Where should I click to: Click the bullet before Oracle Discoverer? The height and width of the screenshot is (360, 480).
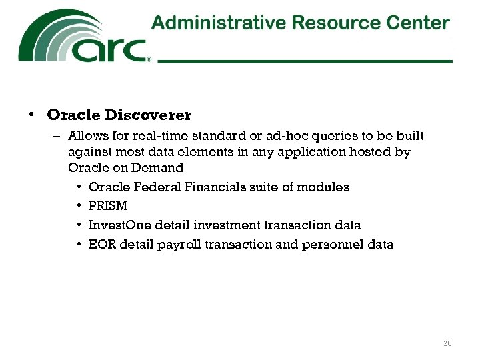[x=31, y=115]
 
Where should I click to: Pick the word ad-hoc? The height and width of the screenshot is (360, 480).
[x=284, y=136]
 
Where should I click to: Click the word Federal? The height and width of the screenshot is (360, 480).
[x=151, y=187]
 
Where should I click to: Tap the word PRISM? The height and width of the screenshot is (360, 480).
[x=107, y=206]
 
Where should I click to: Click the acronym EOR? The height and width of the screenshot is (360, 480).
[x=101, y=245]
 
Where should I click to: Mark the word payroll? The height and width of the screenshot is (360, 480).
[x=179, y=245]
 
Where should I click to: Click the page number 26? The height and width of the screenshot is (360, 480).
[x=447, y=343]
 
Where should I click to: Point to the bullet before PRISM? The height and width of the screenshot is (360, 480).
[x=79, y=206]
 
